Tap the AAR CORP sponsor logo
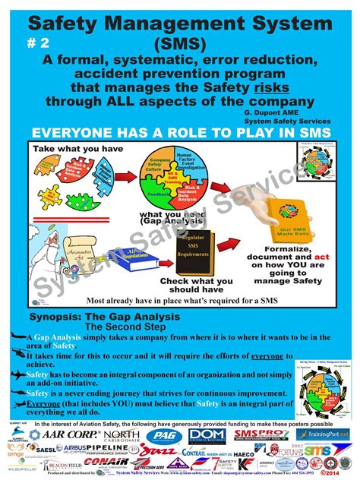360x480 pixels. click(68, 434)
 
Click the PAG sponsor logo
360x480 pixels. click(180, 435)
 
